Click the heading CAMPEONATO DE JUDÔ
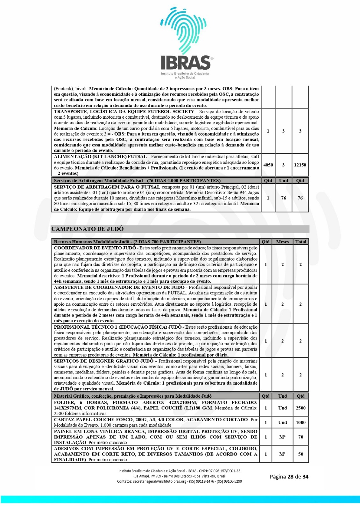point(88,229)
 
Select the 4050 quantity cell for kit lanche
point(268,165)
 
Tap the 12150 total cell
point(300,165)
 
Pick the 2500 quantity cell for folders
point(300,408)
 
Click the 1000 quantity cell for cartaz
point(300,422)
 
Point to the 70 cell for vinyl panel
point(300,437)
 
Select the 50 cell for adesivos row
point(300,454)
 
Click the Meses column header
point(282,242)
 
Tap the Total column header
point(300,242)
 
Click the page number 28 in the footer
point(290,477)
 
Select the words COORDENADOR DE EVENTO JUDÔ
point(95,248)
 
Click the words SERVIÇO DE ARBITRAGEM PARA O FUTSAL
point(107,187)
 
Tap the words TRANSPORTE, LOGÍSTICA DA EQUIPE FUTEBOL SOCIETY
point(124,112)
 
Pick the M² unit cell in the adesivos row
point(282,454)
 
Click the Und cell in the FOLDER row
point(282,408)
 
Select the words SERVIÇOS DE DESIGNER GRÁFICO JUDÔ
point(104,361)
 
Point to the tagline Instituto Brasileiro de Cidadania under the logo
point(185,73)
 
